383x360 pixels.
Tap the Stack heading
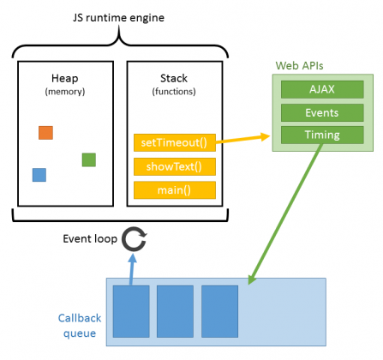175,76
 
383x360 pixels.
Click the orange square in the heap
45,132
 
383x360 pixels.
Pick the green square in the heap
88,159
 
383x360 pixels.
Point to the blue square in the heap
39,175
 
